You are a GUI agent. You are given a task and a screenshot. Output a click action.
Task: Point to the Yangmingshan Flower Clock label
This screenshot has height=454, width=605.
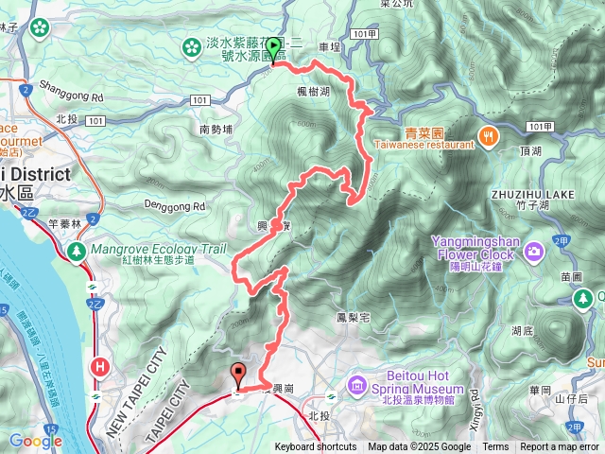tap(474, 248)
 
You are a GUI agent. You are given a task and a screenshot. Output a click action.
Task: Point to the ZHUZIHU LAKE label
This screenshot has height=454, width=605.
tap(528, 194)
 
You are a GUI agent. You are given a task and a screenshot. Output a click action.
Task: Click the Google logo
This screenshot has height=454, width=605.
tap(35, 440)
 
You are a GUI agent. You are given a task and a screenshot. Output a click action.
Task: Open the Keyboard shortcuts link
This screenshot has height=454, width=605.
tap(315, 447)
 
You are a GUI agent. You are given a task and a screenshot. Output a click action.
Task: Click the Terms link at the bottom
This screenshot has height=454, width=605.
tap(495, 447)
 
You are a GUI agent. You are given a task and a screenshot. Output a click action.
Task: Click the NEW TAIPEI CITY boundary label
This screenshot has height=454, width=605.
tap(134, 393)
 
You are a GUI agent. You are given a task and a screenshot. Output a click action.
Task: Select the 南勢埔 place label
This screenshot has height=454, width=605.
tap(216, 129)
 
